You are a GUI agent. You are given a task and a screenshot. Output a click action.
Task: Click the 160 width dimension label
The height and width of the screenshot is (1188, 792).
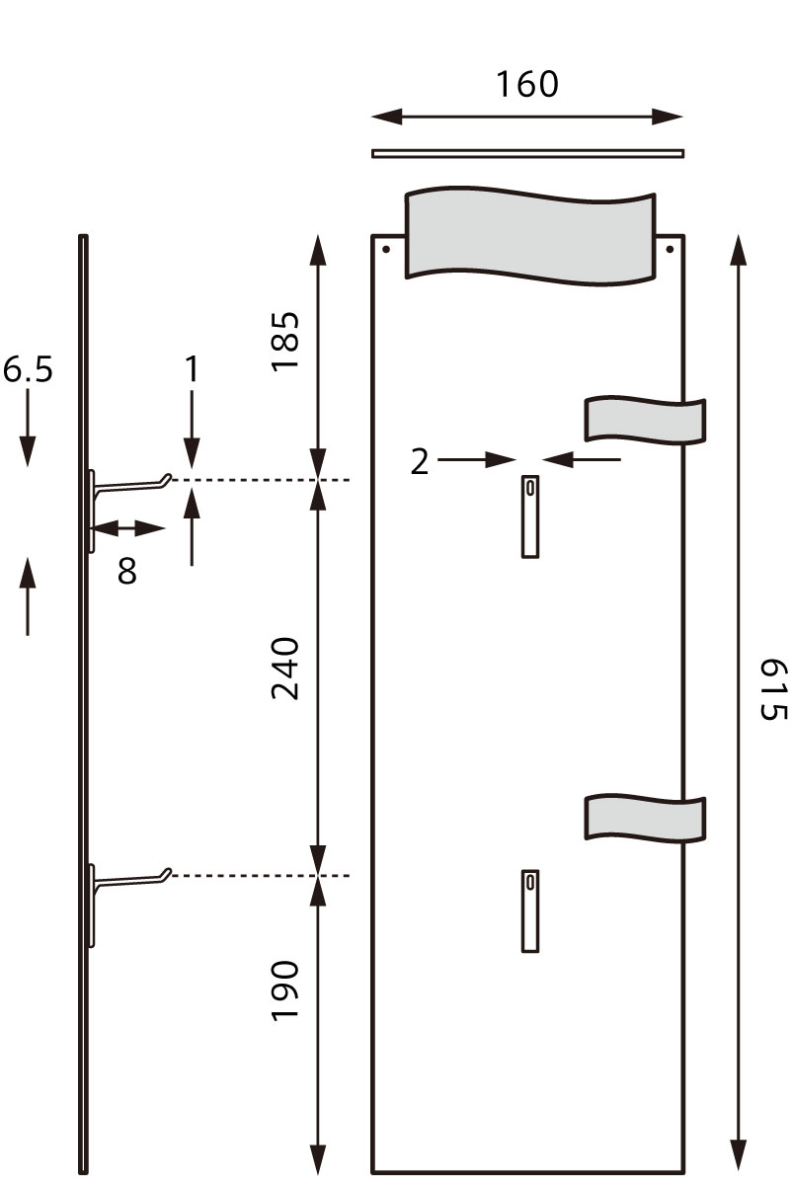tap(526, 85)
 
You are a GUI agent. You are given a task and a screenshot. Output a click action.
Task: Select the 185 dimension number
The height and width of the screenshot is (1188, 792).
tap(285, 341)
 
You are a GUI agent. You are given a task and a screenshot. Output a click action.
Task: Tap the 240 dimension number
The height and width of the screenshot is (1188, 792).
tap(285, 669)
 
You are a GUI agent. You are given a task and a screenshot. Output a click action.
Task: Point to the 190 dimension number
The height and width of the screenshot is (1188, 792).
tap(285, 990)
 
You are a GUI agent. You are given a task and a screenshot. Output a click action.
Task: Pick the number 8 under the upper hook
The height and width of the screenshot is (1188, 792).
tap(127, 571)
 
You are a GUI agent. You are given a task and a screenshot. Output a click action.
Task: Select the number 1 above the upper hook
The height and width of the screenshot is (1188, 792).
tap(192, 369)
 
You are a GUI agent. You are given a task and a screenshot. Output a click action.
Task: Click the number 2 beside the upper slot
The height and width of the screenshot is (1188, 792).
tap(420, 461)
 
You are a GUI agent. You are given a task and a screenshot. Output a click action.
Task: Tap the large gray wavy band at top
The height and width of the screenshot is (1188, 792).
tap(530, 234)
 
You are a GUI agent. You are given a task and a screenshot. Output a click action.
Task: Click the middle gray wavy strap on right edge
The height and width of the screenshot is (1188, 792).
tap(645, 420)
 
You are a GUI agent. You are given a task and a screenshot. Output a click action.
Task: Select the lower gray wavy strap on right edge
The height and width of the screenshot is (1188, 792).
tap(645, 817)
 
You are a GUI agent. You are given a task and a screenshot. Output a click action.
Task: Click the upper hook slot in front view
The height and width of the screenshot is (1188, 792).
tap(530, 515)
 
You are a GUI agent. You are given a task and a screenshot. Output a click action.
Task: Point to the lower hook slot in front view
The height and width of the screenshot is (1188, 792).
tap(530, 911)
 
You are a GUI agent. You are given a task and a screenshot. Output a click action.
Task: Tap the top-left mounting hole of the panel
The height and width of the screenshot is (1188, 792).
tap(386, 249)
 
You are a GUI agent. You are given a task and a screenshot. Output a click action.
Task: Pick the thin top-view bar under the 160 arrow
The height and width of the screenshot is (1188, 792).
tap(527, 153)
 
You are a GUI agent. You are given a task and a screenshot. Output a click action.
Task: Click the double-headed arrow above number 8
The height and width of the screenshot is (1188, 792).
tap(128, 528)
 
